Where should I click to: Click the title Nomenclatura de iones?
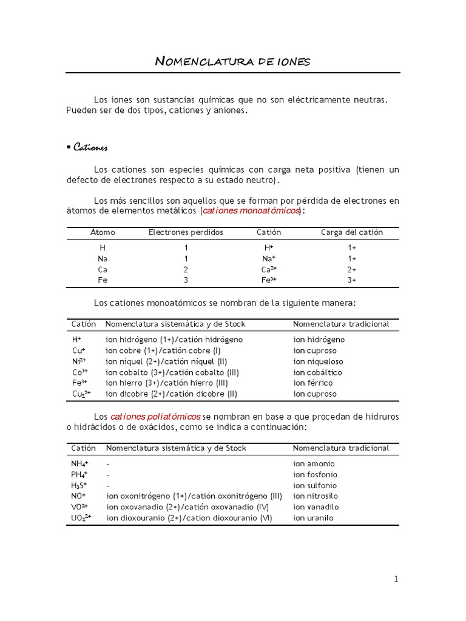pos(232,61)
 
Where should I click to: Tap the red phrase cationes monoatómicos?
pos(251,210)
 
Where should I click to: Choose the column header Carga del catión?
pos(351,232)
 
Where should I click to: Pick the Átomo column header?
pos(103,232)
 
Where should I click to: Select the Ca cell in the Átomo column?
pos(103,269)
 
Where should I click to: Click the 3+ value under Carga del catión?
pos(351,280)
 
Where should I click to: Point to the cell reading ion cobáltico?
pos(317,372)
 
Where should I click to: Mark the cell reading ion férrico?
pos(313,383)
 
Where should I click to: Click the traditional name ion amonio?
pos(314,464)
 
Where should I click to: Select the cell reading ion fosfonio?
pos(315,475)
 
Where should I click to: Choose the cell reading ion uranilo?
pos(313,518)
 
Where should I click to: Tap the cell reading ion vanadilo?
pos(316,507)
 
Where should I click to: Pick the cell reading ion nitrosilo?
pos(316,496)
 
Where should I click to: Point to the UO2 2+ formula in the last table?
pos(81,518)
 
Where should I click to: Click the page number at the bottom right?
pos(396,579)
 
